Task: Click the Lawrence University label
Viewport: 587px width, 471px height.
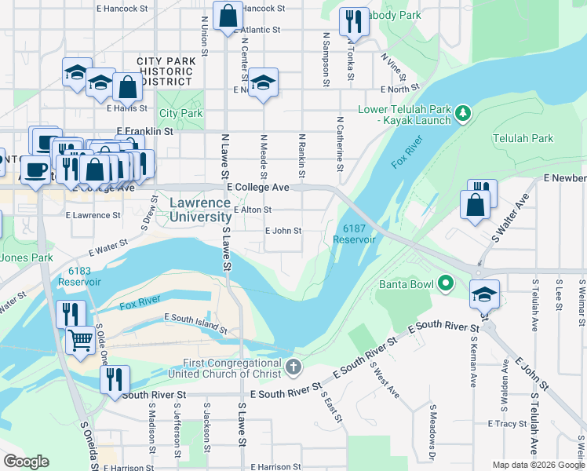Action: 200,210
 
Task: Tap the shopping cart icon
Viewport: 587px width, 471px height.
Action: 81,341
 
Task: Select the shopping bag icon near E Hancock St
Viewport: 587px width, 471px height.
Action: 228,16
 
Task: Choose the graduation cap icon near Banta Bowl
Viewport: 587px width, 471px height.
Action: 484,294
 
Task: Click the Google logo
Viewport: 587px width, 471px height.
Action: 26,462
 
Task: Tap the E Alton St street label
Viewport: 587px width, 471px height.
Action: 252,210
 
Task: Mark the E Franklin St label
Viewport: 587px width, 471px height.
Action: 144,131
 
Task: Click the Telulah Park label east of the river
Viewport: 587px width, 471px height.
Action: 523,138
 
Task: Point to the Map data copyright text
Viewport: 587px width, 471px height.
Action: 538,465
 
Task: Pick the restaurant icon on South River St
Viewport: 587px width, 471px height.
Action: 115,380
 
